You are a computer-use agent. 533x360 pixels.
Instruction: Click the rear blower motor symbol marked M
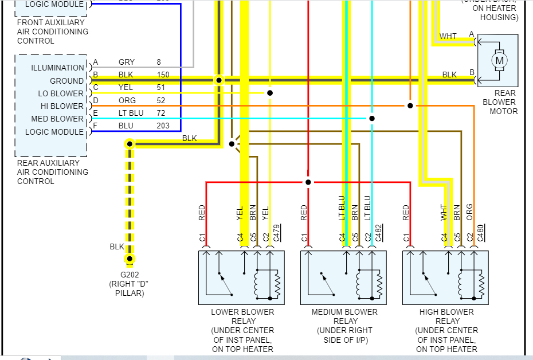(499, 60)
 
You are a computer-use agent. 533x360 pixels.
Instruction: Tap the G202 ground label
(126, 275)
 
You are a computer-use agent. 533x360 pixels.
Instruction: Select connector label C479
(277, 232)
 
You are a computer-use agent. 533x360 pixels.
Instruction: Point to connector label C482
(379, 232)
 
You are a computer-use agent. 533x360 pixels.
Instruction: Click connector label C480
(481, 232)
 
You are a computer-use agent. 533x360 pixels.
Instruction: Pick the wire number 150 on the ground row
(164, 75)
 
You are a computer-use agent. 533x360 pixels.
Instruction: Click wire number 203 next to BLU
(163, 126)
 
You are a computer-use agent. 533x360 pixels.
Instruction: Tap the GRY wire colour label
(127, 62)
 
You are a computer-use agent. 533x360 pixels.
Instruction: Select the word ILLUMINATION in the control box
(57, 68)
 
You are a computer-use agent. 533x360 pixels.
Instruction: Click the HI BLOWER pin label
(61, 106)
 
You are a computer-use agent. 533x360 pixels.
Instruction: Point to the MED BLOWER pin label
(57, 119)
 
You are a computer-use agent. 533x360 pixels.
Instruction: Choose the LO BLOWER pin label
(61, 93)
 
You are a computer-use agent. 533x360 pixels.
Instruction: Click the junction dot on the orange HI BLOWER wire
(410, 105)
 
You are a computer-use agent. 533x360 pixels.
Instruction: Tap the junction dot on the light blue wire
(372, 119)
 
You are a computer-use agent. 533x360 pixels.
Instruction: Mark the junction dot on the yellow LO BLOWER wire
(269, 93)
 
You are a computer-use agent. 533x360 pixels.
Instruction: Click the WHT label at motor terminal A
(448, 36)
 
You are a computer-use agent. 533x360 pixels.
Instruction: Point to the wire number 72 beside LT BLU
(161, 113)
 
